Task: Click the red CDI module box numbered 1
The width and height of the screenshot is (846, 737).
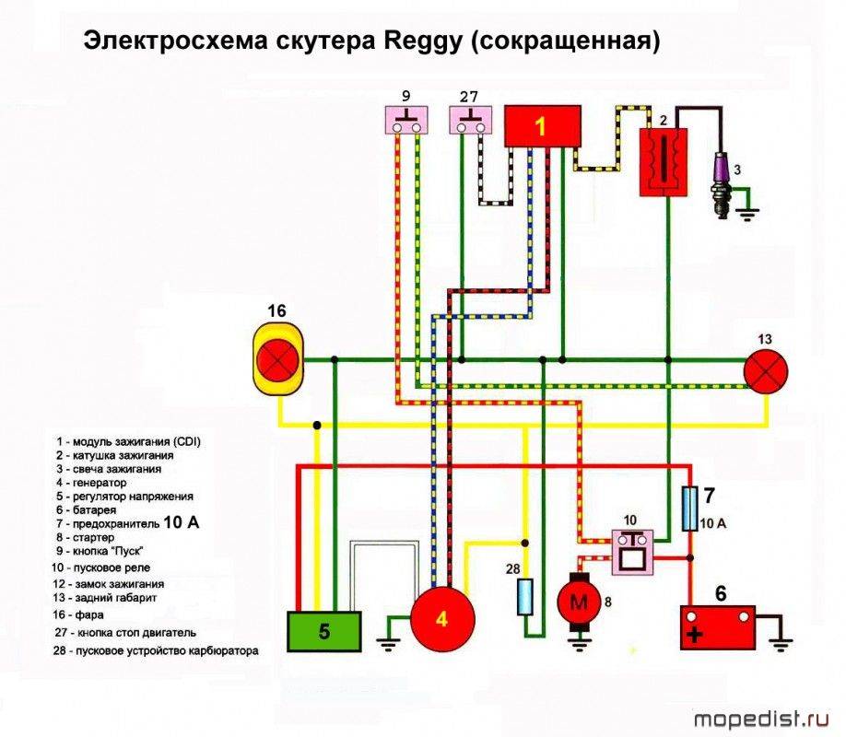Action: [x=542, y=126]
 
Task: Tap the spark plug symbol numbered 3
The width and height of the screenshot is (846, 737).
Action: [x=723, y=182]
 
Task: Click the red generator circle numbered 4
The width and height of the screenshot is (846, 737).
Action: [x=441, y=618]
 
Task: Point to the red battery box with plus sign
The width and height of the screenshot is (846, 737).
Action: [x=717, y=628]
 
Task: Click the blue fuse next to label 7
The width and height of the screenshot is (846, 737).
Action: [x=688, y=509]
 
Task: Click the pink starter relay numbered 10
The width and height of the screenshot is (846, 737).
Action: [x=632, y=552]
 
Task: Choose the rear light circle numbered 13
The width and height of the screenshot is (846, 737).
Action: [x=766, y=372]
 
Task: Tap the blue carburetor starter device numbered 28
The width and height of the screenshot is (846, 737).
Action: [x=524, y=597]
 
